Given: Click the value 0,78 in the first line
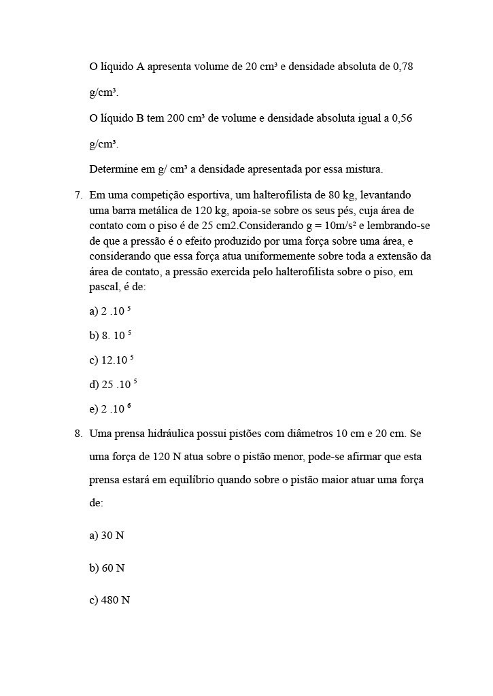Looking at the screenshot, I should pyautogui.click(x=403, y=67).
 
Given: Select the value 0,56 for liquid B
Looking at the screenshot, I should pyautogui.click(x=402, y=118).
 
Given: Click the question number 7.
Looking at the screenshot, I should pyautogui.click(x=78, y=196).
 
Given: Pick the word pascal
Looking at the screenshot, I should pyautogui.click(x=104, y=288).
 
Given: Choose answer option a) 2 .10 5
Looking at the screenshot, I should pyautogui.click(x=109, y=311).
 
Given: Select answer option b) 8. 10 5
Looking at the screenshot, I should pyautogui.click(x=109, y=336).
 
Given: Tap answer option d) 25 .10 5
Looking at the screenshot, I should pyautogui.click(x=113, y=385).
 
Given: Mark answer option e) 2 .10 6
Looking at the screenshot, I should pyautogui.click(x=109, y=409).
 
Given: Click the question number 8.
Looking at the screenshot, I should pyautogui.click(x=78, y=434).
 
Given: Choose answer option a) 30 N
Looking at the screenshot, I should pyautogui.click(x=107, y=536).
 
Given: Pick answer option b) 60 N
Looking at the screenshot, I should pyautogui.click(x=107, y=568).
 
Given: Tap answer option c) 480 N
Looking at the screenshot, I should pyautogui.click(x=109, y=601).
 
